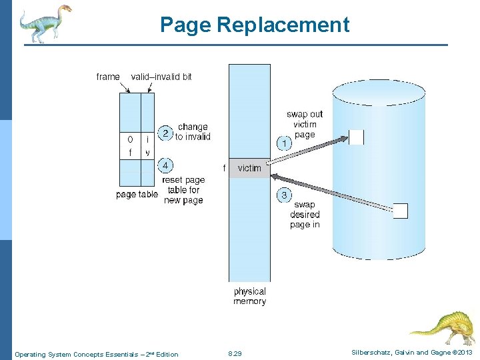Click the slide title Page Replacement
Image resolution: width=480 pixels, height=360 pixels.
[254, 25]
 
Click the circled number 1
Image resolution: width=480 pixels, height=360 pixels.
[283, 143]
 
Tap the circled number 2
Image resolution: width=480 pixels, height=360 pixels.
[165, 133]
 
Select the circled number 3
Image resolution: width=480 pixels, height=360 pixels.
[284, 195]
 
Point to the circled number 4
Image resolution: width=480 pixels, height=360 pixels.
[165, 165]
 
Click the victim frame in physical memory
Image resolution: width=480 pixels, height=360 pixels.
[249, 168]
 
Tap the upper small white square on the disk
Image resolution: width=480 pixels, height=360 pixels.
[357, 137]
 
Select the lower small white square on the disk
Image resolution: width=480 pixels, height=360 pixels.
[400, 211]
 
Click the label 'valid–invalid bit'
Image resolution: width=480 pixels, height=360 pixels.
[161, 77]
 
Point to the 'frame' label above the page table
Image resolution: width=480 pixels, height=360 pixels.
[108, 77]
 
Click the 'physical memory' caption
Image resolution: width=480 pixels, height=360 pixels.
[249, 297]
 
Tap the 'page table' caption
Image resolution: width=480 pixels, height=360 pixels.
[137, 195]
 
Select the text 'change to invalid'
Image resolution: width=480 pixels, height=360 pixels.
[193, 132]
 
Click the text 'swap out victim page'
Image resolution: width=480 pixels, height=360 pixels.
[305, 124]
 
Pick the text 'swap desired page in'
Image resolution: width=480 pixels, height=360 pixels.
[305, 215]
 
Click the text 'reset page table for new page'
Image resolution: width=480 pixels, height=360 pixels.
[183, 190]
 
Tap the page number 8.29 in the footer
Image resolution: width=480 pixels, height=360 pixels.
[235, 354]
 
